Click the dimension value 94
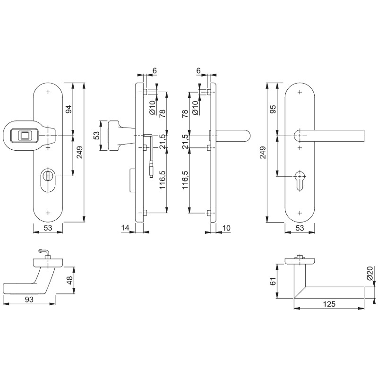click(69, 109)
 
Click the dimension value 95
click(273, 109)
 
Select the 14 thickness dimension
click(125, 228)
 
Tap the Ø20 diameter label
click(371, 273)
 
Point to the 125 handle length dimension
click(329, 304)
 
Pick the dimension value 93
click(29, 300)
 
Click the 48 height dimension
click(69, 280)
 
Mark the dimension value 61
click(273, 281)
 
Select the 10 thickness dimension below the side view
click(226, 228)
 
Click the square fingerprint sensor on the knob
click(24, 136)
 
